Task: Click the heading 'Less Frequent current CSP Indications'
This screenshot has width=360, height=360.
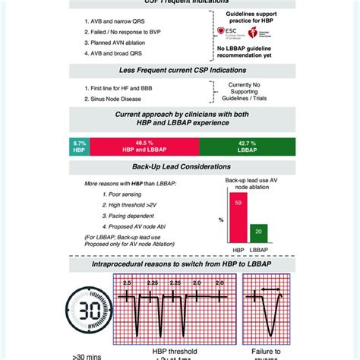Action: pos(179,71)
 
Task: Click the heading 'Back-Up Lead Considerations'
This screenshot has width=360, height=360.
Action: pos(179,166)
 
